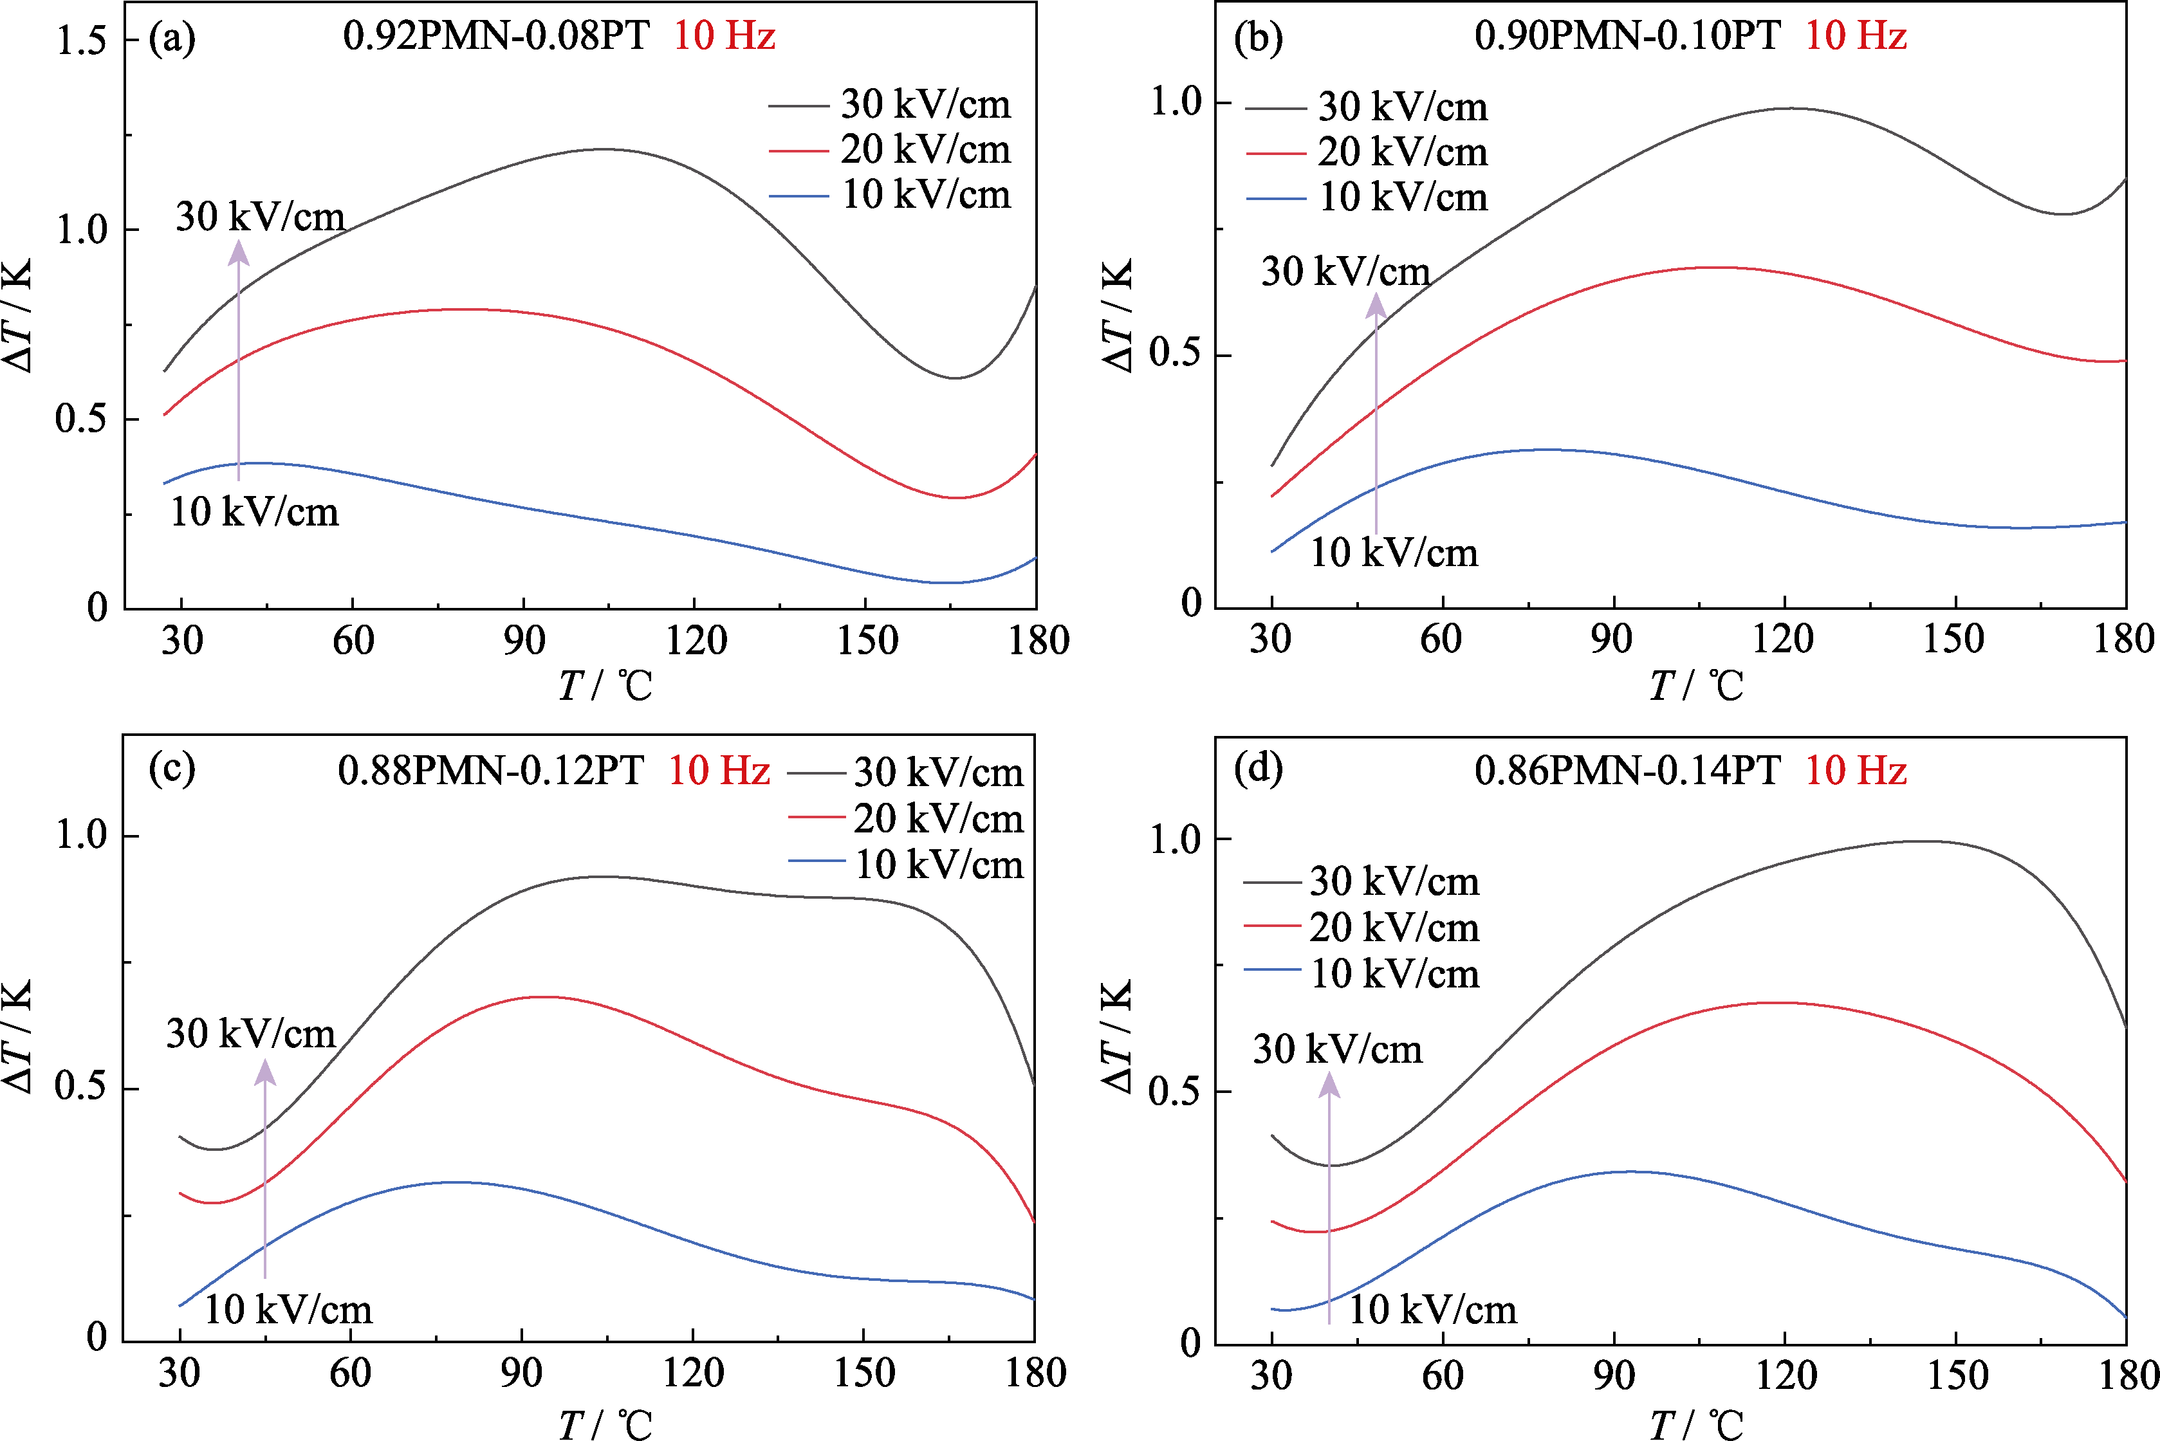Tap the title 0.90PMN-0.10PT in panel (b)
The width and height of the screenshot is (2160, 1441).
pyautogui.click(x=1627, y=36)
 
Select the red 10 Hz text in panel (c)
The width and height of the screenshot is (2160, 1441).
pyautogui.click(x=719, y=770)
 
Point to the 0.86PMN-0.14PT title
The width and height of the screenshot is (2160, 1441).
pyautogui.click(x=1627, y=770)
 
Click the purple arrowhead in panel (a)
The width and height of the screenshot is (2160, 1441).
pyautogui.click(x=238, y=251)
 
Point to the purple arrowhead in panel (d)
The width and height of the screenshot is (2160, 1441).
pyautogui.click(x=1329, y=1085)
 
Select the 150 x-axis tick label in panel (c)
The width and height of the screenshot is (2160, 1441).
pyautogui.click(x=864, y=1373)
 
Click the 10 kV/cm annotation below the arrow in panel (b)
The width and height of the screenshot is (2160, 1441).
pyautogui.click(x=1394, y=553)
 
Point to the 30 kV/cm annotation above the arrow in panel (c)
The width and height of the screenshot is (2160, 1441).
pyautogui.click(x=251, y=1033)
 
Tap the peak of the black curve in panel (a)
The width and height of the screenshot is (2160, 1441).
pyautogui.click(x=602, y=149)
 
